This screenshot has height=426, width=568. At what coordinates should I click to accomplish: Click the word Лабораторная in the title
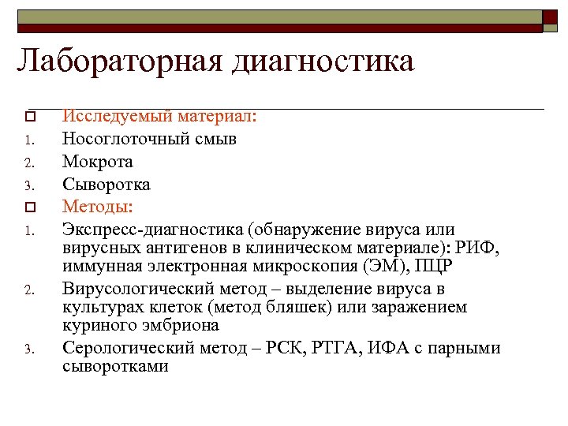[x=118, y=61]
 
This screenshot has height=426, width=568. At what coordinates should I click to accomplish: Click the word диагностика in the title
[x=323, y=61]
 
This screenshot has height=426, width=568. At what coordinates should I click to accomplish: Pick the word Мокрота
[x=98, y=162]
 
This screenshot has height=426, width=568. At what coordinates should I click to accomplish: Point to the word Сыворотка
[x=106, y=185]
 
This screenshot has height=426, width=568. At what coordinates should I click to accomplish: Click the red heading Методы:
[x=98, y=207]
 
